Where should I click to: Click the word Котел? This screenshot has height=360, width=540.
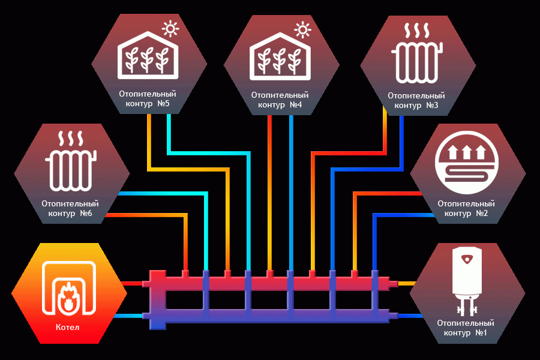point(67,327)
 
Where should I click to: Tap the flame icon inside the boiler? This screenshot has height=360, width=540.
point(68,298)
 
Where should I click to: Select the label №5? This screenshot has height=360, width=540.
point(163,103)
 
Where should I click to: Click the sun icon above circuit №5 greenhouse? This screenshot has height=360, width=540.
point(170,29)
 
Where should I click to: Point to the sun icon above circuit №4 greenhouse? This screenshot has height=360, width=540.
point(303,30)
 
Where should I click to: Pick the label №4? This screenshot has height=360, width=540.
point(296,104)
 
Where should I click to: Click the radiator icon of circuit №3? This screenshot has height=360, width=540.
point(417,53)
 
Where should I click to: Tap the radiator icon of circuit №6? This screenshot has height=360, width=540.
point(71,161)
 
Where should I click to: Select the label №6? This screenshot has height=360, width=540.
point(86,213)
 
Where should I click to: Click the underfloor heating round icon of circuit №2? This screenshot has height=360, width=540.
point(467,162)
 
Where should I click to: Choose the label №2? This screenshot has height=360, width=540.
point(482,213)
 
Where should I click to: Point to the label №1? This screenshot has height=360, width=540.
point(481,333)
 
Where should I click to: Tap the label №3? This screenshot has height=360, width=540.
point(432,105)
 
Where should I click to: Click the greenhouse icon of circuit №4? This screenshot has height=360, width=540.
point(280,56)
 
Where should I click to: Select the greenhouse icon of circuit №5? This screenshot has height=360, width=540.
point(148,55)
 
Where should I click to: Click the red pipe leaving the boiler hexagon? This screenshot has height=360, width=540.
point(132,284)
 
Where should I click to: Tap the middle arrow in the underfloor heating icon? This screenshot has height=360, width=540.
point(467,152)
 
